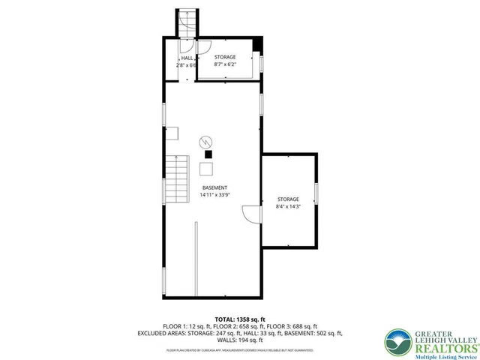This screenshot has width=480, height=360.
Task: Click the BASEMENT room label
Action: [214, 187]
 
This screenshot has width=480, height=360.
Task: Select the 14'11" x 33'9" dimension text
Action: [214, 195]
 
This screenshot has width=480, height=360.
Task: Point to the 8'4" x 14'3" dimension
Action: [288, 205]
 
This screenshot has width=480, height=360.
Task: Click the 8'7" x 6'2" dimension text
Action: [225, 64]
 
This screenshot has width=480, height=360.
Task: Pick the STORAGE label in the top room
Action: [225, 57]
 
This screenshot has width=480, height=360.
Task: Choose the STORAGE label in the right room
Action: [288, 199]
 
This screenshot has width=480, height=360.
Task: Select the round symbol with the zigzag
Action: [206, 141]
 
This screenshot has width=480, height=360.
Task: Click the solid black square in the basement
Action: [208, 154]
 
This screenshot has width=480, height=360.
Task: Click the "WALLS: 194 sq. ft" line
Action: [240, 340]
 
